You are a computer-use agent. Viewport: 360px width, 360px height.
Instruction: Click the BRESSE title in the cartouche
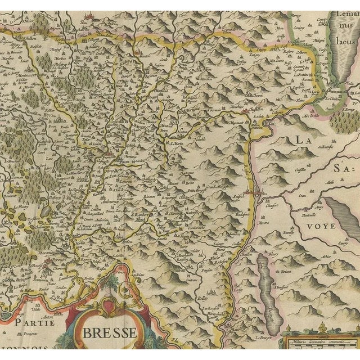tap(110, 332)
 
